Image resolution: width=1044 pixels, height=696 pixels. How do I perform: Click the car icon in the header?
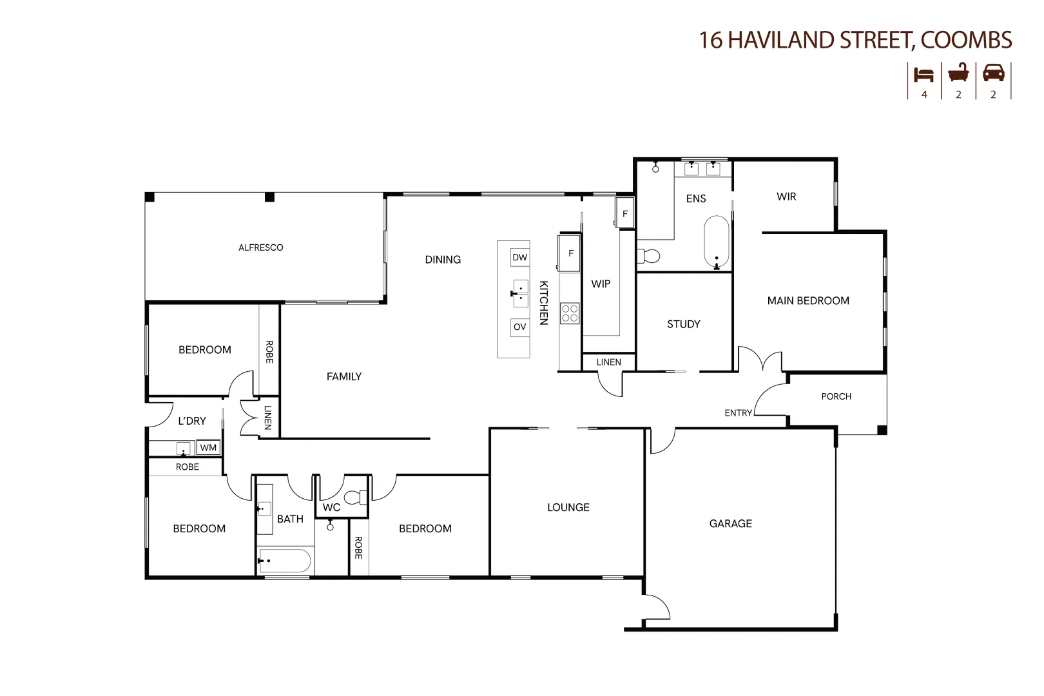pyautogui.click(x=993, y=73)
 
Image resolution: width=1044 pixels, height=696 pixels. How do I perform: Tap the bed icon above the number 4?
pyautogui.click(x=923, y=74)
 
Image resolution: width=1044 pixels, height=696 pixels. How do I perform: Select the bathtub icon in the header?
pyautogui.click(x=958, y=73)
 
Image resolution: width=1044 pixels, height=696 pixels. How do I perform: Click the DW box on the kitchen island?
pyautogui.click(x=519, y=257)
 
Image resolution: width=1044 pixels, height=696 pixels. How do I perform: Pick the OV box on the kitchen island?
pyautogui.click(x=519, y=327)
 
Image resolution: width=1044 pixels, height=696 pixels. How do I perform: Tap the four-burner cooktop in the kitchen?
pyautogui.click(x=570, y=314)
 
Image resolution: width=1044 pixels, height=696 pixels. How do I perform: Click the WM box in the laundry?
pyautogui.click(x=208, y=447)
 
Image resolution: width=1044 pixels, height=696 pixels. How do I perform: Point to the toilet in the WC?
pyautogui.click(x=355, y=498)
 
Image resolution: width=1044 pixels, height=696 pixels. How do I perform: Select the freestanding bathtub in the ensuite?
pyautogui.click(x=716, y=242)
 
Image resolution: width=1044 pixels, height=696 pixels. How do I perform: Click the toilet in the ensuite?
pyautogui.click(x=648, y=256)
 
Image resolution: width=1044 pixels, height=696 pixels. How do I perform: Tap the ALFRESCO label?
pyautogui.click(x=260, y=247)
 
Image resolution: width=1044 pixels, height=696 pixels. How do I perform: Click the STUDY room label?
pyautogui.click(x=683, y=324)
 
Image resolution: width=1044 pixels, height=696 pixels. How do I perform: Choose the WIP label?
pyautogui.click(x=601, y=284)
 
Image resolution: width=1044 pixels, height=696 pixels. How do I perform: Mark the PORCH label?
pyautogui.click(x=836, y=396)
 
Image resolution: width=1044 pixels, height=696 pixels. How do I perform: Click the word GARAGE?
pyautogui.click(x=730, y=523)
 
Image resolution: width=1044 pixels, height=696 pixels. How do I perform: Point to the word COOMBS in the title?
pyautogui.click(x=966, y=40)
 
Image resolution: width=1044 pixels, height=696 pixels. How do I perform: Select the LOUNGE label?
pyautogui.click(x=568, y=507)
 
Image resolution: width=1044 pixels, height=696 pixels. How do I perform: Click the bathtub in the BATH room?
pyautogui.click(x=285, y=561)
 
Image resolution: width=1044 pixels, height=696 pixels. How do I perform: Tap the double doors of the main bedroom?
pyautogui.click(x=760, y=360)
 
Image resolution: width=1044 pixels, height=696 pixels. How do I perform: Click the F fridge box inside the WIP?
pyautogui.click(x=624, y=213)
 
